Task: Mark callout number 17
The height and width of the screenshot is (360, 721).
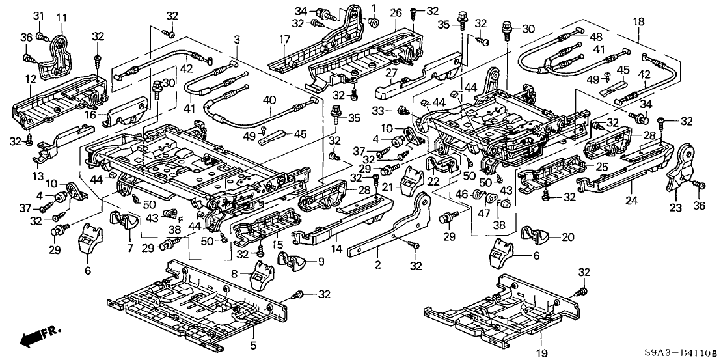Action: click(x=284, y=39)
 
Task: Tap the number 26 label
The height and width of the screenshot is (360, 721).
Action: click(x=395, y=13)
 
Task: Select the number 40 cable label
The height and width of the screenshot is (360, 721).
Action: click(x=267, y=100)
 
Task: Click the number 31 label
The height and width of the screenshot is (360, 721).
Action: click(x=38, y=16)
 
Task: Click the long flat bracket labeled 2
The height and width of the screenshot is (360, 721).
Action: click(x=390, y=225)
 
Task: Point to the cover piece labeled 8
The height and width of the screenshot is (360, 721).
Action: click(x=264, y=278)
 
